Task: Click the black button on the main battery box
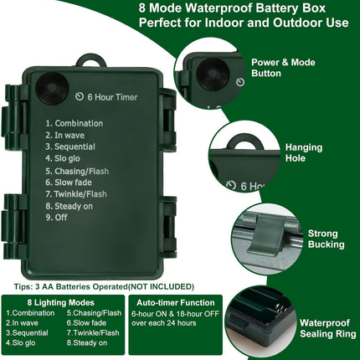(x=53, y=88)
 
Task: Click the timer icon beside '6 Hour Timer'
(x=80, y=96)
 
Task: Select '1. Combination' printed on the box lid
(x=75, y=123)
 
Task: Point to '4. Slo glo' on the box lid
(x=63, y=158)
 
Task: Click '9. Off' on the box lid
(x=56, y=218)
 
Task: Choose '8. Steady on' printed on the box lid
(x=69, y=206)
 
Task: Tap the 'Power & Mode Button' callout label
(x=283, y=68)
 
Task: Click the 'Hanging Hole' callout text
(x=304, y=152)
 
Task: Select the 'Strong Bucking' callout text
(x=326, y=239)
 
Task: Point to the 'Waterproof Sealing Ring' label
(x=327, y=328)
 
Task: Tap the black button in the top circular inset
(x=213, y=75)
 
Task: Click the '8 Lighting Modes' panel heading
(x=61, y=302)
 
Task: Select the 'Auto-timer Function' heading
(x=176, y=302)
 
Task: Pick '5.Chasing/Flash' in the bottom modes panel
(x=94, y=313)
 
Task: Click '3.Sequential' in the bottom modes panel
(x=27, y=332)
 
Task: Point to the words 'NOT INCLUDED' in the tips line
(x=161, y=286)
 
